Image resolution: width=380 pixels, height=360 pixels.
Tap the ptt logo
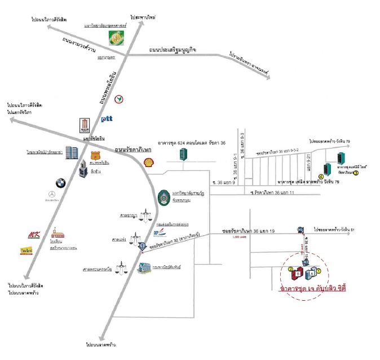(107, 119)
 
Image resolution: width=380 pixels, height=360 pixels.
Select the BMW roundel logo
(61, 183)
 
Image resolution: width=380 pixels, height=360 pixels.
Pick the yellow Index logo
(26, 250)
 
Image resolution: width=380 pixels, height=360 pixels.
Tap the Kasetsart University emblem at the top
(117, 38)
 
